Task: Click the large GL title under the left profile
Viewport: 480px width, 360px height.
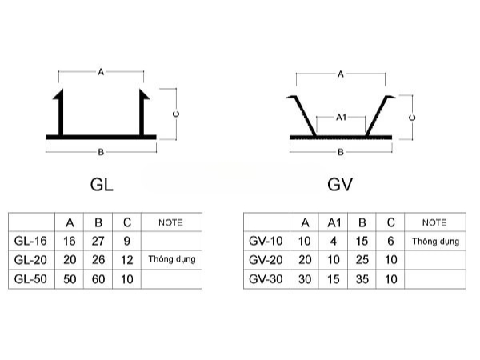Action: pyautogui.click(x=102, y=185)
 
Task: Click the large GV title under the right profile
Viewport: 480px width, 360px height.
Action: pyautogui.click(x=341, y=185)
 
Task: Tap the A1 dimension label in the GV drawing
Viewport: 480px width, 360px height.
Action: pyautogui.click(x=341, y=117)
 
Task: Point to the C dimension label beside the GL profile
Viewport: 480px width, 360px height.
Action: pyautogui.click(x=176, y=114)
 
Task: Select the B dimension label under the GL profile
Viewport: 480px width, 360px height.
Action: pyautogui.click(x=102, y=151)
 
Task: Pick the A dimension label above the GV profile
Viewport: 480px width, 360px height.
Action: pyautogui.click(x=341, y=74)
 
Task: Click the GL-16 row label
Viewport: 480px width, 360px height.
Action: pyautogui.click(x=31, y=241)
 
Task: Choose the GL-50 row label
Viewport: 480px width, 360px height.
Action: pyautogui.click(x=31, y=279)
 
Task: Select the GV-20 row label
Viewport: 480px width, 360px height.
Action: pyautogui.click(x=266, y=260)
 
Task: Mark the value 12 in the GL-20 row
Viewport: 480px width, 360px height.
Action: pyautogui.click(x=126, y=260)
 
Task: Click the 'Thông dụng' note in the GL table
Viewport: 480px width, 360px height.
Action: pyautogui.click(x=171, y=260)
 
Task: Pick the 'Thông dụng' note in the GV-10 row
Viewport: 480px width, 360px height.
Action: pyautogui.click(x=435, y=241)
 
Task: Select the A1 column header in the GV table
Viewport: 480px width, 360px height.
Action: pyautogui.click(x=334, y=222)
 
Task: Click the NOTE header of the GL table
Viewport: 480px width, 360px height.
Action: pyautogui.click(x=171, y=222)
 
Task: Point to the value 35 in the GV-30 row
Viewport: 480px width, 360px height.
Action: pyautogui.click(x=362, y=279)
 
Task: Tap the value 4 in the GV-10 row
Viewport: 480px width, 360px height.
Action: pyautogui.click(x=334, y=241)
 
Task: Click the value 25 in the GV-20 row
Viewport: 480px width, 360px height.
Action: pyautogui.click(x=362, y=260)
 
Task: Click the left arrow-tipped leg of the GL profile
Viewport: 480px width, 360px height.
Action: pyautogui.click(x=61, y=112)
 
